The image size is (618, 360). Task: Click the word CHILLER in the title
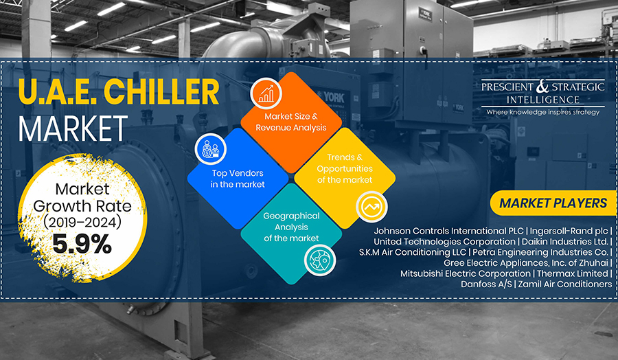[x=161, y=91]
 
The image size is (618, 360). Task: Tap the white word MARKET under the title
[x=73, y=128]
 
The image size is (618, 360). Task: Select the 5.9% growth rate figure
[x=82, y=244]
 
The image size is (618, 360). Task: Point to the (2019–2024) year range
[x=82, y=222]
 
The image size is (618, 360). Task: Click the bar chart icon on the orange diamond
[x=266, y=93]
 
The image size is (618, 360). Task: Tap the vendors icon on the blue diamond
[x=211, y=149]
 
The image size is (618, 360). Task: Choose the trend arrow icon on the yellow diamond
[x=371, y=207]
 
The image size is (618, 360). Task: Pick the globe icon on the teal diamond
[x=319, y=260]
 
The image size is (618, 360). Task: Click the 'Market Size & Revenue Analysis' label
[x=291, y=122]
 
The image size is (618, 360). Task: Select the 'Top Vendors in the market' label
[x=238, y=179]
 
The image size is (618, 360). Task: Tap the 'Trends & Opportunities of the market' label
[x=345, y=168]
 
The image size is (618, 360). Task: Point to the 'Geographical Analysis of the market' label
[x=291, y=227]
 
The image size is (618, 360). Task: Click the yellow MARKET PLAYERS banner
[x=553, y=203]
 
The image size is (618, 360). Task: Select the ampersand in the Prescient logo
[x=542, y=87]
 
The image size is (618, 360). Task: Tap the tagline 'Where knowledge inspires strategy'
[x=542, y=113]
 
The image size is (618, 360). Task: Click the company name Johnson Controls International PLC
[x=448, y=231]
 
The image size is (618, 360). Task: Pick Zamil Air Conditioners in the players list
[x=565, y=284]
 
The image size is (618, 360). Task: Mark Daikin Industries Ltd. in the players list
[x=565, y=241]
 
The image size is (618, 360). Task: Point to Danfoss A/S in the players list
[x=486, y=284]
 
